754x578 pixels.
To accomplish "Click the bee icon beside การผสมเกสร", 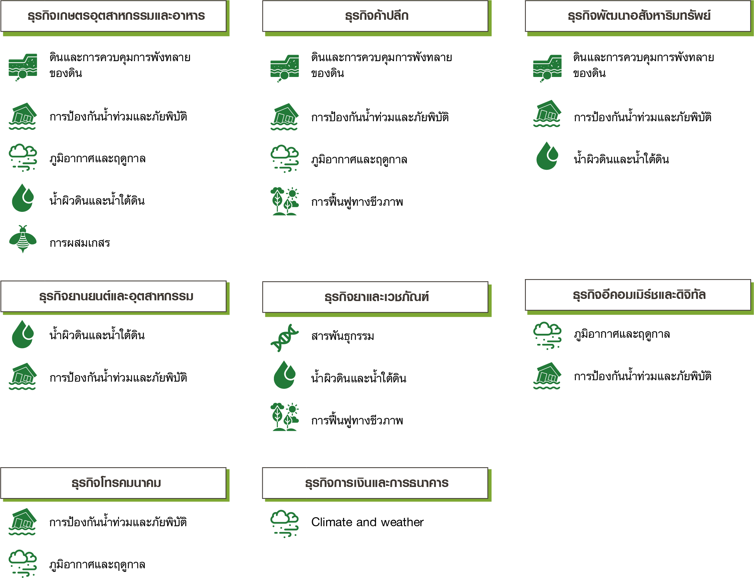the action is [x=23, y=239].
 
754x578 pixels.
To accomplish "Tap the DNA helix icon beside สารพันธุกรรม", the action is [x=284, y=338].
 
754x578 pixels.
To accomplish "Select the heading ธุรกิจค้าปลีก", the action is [x=376, y=16].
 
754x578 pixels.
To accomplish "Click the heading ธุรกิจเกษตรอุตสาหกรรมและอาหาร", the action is [x=116, y=16].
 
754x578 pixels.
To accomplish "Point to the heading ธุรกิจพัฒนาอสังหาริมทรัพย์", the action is [x=639, y=16].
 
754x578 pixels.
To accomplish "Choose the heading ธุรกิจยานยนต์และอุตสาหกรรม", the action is [x=116, y=296].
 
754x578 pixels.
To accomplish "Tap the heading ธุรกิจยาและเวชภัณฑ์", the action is [x=376, y=297].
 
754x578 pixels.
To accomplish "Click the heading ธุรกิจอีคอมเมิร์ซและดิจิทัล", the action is [x=639, y=295].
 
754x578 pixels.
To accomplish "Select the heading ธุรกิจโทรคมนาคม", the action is [x=116, y=483].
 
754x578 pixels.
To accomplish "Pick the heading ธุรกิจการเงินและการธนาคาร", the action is [x=376, y=483].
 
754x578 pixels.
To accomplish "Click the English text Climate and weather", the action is [x=367, y=522].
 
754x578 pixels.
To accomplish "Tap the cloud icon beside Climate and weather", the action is [x=284, y=524].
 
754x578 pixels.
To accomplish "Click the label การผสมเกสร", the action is [x=80, y=243].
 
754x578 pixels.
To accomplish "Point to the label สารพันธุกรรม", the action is [x=343, y=336].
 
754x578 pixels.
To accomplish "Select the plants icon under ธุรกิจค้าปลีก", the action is [x=284, y=201].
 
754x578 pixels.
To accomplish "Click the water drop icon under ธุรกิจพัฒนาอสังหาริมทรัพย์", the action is [x=547, y=156].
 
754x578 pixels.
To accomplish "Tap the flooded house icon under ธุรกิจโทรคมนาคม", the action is [x=23, y=522].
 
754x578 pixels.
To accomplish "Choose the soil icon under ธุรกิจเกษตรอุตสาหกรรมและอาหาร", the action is [x=23, y=67].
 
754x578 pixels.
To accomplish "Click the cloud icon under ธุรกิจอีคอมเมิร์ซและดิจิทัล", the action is [x=547, y=336].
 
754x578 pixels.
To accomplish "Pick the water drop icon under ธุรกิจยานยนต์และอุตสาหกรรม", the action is [x=23, y=334].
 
